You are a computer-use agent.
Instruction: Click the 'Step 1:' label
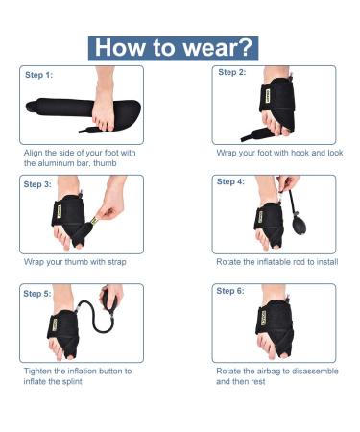click(x=41, y=74)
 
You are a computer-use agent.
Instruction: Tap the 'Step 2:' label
click(x=232, y=72)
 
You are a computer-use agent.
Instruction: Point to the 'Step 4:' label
click(x=231, y=181)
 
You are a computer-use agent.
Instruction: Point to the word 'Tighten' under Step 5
click(x=39, y=371)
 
